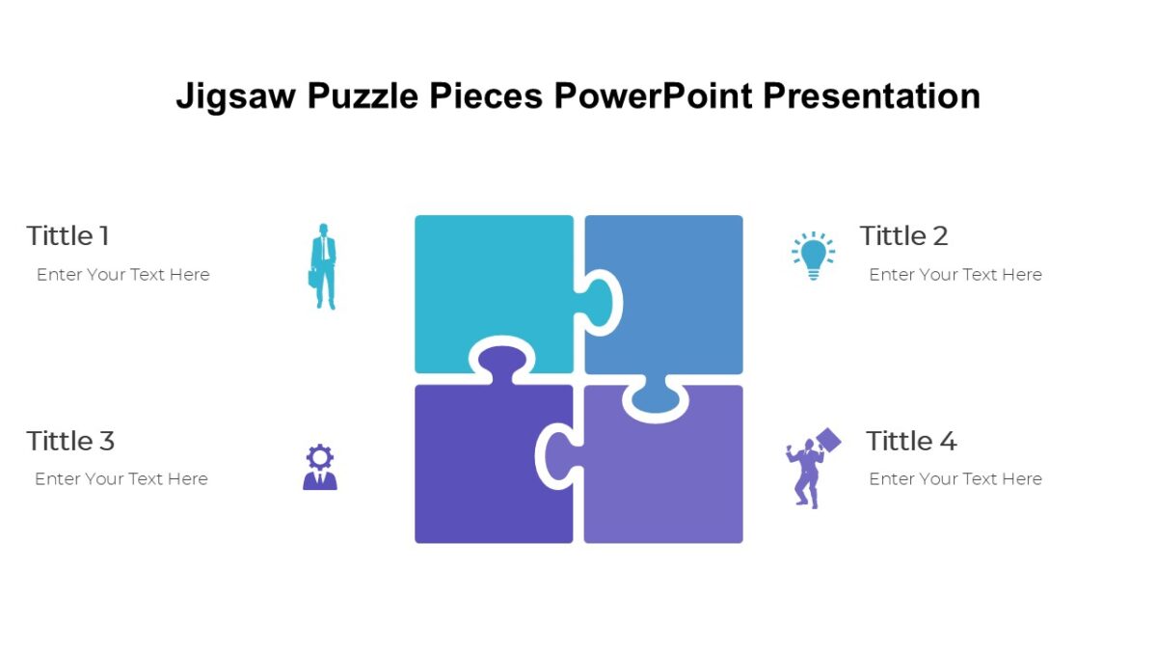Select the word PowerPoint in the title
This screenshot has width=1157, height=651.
tap(657, 96)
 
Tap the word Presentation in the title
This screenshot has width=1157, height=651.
tap(871, 96)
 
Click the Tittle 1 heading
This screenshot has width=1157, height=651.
tap(67, 235)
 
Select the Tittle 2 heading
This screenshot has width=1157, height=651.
tap(903, 235)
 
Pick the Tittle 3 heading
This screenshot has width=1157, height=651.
tap(70, 441)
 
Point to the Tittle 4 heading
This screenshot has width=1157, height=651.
tap(911, 441)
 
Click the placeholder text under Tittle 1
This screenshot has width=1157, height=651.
tap(123, 275)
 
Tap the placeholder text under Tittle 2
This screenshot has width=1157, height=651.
tap(955, 275)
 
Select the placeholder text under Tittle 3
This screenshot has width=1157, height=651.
tap(121, 479)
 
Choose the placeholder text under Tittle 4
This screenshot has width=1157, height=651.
tap(955, 479)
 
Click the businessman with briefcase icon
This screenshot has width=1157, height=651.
tap(324, 266)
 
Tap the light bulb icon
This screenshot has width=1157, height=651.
tap(814, 256)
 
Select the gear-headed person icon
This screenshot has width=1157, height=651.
tap(320, 467)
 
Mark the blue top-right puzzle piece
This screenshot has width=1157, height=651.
tap(675, 289)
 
